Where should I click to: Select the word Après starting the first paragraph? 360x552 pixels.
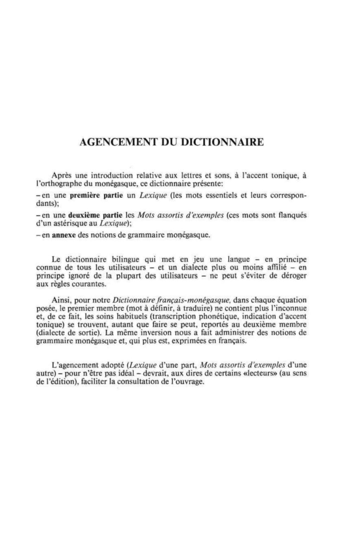pyautogui.click(x=62, y=175)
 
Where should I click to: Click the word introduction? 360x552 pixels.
pyautogui.click(x=112, y=175)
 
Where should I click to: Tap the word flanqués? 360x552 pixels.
pyautogui.click(x=292, y=215)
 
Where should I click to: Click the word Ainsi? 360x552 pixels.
pyautogui.click(x=62, y=300)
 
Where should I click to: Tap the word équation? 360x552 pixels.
pyautogui.click(x=292, y=300)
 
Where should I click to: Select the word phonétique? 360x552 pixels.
pyautogui.click(x=218, y=317)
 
